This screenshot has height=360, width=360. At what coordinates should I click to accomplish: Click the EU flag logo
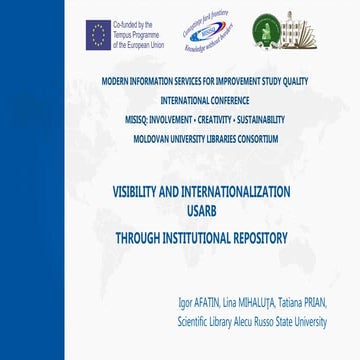point(97,36)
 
